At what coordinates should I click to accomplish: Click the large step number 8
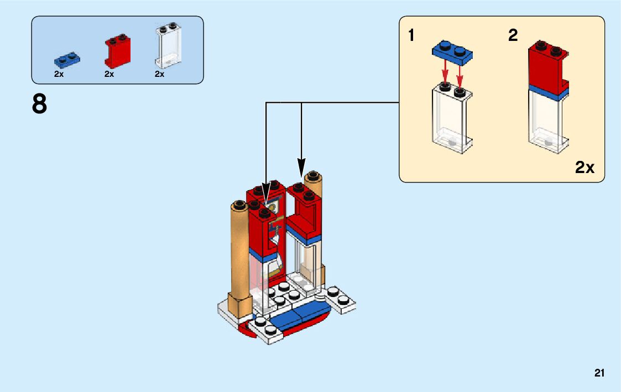[x=40, y=104]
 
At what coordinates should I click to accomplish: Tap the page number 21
[x=599, y=373]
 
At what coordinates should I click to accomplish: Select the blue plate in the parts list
[x=67, y=58]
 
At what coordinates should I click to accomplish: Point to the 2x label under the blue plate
[x=59, y=74]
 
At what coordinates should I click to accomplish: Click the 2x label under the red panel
[x=109, y=74]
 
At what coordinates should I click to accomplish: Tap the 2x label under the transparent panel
[x=160, y=74]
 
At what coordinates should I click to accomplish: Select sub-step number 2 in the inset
[x=513, y=36]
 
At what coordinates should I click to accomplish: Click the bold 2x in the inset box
[x=585, y=168]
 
